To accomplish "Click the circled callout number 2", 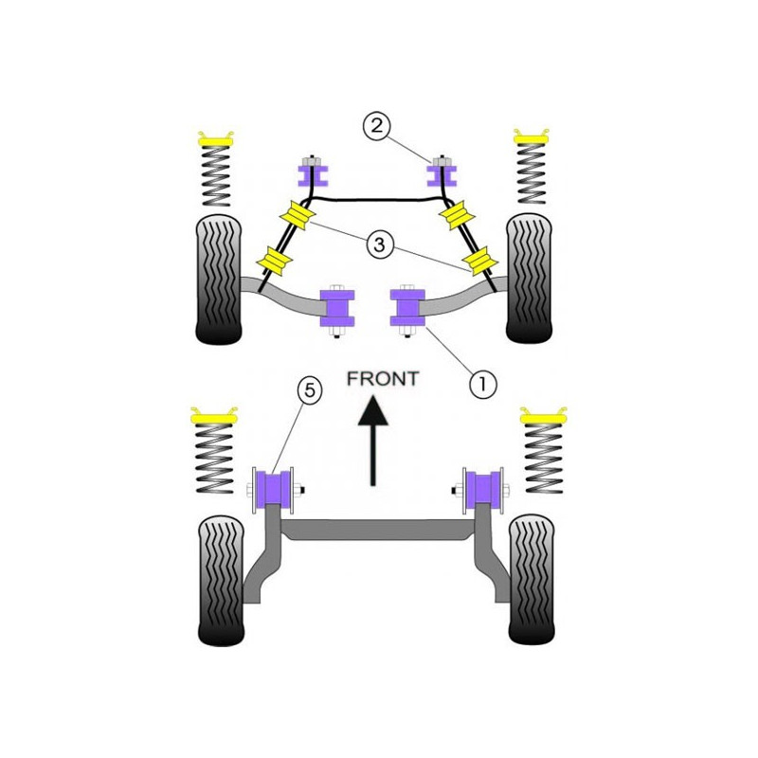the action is [x=376, y=126].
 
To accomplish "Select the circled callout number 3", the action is [x=380, y=244].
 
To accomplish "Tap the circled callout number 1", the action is [x=482, y=385].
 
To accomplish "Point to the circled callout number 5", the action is [x=310, y=389].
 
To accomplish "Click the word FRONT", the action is [x=383, y=378].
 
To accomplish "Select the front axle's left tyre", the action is [x=219, y=280].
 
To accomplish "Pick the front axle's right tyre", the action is [x=530, y=279].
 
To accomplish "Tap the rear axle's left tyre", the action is [x=222, y=581].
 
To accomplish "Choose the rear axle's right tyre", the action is [x=532, y=580].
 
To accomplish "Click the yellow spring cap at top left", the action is [x=216, y=139].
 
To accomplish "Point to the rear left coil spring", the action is [x=215, y=458].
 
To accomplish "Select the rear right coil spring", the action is [x=543, y=458].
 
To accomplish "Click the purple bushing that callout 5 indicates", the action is [x=274, y=489].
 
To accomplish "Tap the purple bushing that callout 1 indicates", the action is [x=407, y=307].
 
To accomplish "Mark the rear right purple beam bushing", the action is [x=483, y=489].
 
